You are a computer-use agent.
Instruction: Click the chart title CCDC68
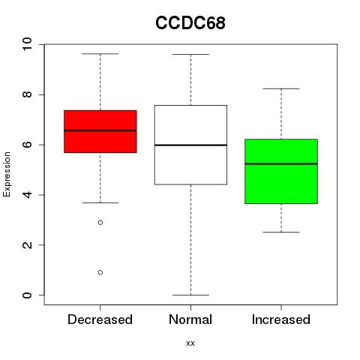coord(190,23)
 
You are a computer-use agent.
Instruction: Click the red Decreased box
coord(100,131)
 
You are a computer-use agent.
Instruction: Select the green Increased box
coord(281,171)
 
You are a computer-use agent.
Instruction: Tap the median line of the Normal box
coord(190,145)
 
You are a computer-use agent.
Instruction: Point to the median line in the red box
coord(100,130)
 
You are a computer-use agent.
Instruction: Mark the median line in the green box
coord(281,163)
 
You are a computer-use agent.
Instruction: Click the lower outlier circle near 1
coord(100,272)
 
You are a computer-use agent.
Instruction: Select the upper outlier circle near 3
coord(100,222)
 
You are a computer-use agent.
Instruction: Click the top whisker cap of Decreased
coord(100,54)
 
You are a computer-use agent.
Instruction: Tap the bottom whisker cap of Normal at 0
coord(190,295)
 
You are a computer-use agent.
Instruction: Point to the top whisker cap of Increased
coord(281,88)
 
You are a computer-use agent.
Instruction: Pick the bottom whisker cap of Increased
coord(281,232)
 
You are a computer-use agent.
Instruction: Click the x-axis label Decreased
coord(100,319)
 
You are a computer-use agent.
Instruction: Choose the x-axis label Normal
coord(190,319)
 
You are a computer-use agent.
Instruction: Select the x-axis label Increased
coord(281,319)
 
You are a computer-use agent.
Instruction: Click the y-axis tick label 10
coord(27,44)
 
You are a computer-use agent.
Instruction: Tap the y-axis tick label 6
coord(27,145)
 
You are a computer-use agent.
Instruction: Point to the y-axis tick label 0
coord(27,295)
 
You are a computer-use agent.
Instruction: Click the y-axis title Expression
coord(7,174)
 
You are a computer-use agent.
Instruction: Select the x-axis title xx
coord(190,343)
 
